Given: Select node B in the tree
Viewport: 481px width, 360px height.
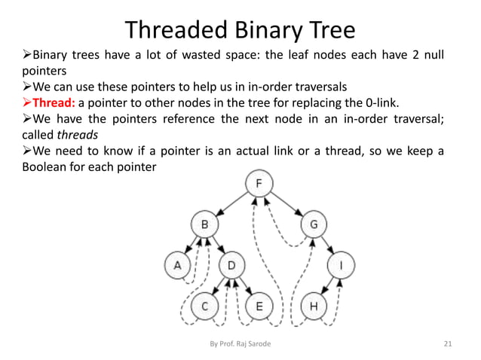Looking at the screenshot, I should (204, 224).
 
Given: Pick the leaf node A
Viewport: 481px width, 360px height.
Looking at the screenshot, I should (177, 265).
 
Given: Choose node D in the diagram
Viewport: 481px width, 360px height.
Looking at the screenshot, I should (231, 265).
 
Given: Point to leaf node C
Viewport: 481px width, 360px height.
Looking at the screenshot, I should (204, 307).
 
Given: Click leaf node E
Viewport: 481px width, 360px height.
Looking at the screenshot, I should (259, 307).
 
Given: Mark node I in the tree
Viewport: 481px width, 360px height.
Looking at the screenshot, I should (340, 265).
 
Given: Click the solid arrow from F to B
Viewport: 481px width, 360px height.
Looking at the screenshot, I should (231, 204).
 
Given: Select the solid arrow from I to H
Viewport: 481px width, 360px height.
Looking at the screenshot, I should (326, 286).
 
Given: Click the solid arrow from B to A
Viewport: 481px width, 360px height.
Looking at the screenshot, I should (190, 245).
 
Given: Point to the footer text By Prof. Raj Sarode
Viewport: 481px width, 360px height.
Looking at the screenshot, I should (240, 344).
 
